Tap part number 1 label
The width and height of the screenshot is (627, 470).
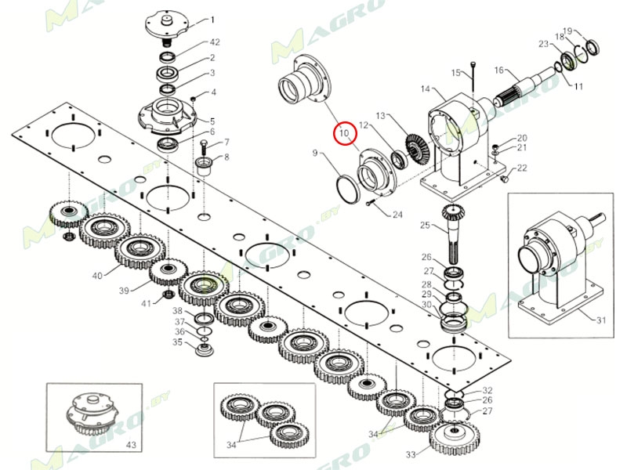pyautogui.click(x=211, y=20)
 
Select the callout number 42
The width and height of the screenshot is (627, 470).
pyautogui.click(x=214, y=42)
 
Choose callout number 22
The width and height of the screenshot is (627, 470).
pyautogui.click(x=522, y=168)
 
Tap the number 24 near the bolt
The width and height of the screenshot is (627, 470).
pyautogui.click(x=397, y=215)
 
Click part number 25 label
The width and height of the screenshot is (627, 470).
pyautogui.click(x=425, y=226)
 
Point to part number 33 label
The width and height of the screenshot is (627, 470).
pyautogui.click(x=411, y=454)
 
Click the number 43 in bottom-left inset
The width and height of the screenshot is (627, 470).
pyautogui.click(x=131, y=445)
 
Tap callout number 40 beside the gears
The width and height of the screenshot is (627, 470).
pyautogui.click(x=97, y=275)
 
